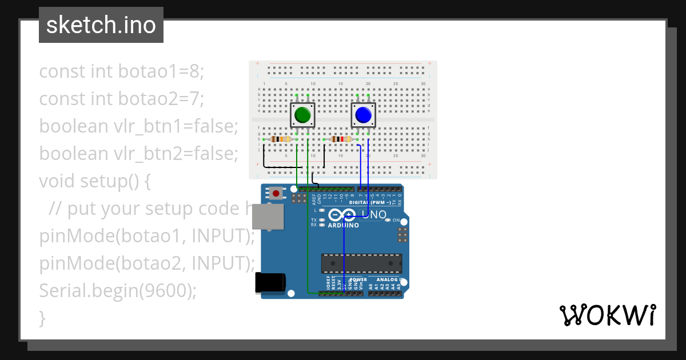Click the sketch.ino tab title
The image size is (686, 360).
101,25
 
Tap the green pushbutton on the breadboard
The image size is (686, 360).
302,116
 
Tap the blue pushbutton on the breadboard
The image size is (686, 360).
363,116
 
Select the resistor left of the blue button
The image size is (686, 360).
341,139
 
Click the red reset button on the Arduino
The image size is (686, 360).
277,194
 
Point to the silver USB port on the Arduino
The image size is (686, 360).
268,217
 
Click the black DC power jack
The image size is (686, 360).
269,283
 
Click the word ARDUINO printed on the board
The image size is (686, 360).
344,225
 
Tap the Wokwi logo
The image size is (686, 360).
607,315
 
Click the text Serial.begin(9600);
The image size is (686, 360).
118,291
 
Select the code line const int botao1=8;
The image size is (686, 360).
121,71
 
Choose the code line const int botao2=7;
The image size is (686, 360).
121,99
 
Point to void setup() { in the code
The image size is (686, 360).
95,181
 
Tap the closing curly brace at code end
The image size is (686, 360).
42,318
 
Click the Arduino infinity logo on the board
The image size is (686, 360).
342,215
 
